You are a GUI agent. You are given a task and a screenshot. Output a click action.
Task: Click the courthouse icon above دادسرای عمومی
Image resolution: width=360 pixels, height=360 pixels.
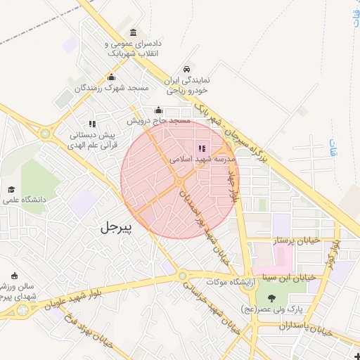(x=134, y=32)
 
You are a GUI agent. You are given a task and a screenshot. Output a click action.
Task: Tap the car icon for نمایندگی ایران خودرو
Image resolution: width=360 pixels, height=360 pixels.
(x=186, y=69)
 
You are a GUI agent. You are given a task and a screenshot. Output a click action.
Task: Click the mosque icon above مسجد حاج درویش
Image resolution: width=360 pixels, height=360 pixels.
(x=158, y=110)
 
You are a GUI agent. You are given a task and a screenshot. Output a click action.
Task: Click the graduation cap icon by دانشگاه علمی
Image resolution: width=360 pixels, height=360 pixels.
(x=11, y=190)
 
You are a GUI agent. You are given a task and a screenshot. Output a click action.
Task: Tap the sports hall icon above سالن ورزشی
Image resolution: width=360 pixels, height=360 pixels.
(x=15, y=275)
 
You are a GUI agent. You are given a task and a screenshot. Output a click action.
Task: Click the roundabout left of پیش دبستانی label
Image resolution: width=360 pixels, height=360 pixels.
(x=46, y=133)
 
